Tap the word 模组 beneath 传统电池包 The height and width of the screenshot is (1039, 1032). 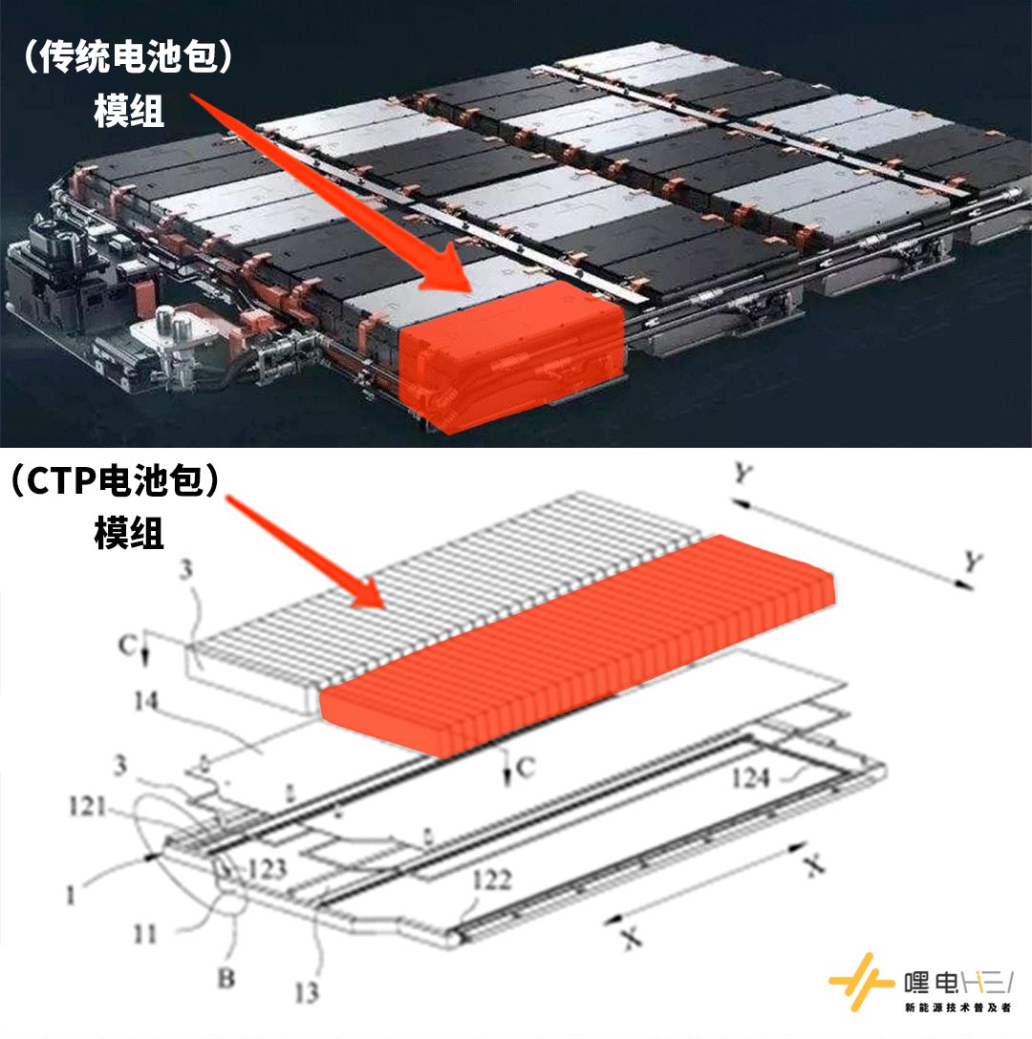(x=129, y=112)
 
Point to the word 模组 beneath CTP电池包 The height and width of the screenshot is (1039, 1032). (x=129, y=533)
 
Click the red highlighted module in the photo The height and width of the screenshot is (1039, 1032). (x=511, y=358)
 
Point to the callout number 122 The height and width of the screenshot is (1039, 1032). (x=491, y=880)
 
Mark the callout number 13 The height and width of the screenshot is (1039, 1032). (x=306, y=993)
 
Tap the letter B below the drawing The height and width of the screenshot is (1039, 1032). (x=226, y=978)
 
